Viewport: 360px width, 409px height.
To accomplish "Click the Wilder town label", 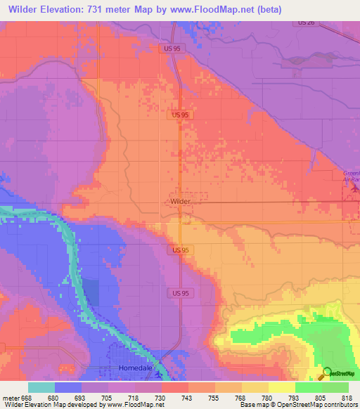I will pyautogui.click(x=180, y=201).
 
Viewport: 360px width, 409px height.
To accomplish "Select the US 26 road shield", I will pyautogui.click(x=305, y=23).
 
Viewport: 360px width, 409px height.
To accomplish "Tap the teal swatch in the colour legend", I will pyautogui.click(x=41, y=387).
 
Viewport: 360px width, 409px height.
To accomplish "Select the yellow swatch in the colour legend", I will pyautogui.click(x=282, y=387).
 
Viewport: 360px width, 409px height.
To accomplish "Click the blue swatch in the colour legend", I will pyautogui.click(x=68, y=387).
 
